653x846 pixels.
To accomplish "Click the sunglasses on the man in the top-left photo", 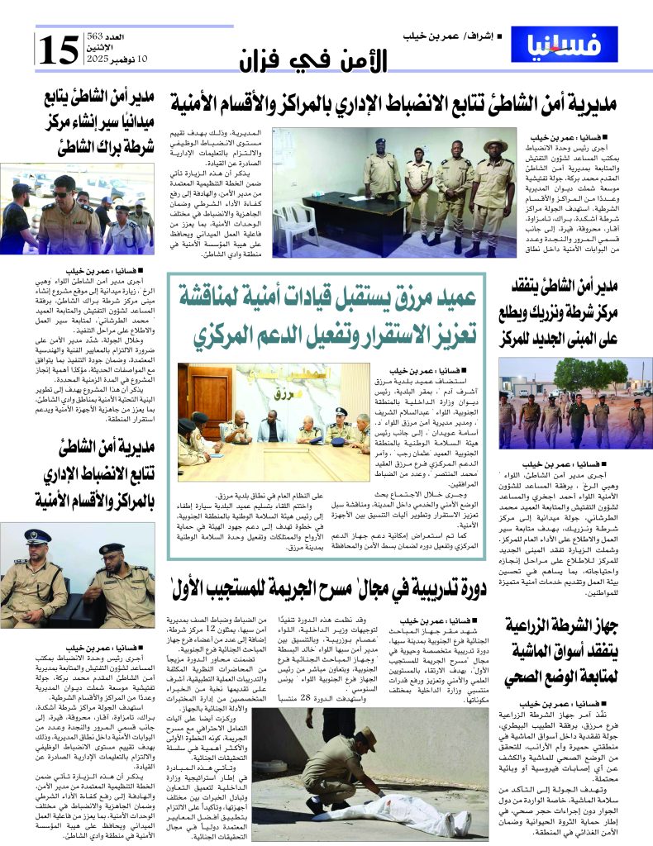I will (64, 192).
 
